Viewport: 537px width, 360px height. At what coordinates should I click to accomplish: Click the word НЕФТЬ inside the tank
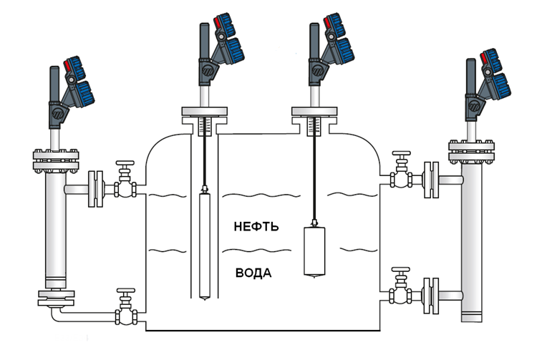point(256,227)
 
